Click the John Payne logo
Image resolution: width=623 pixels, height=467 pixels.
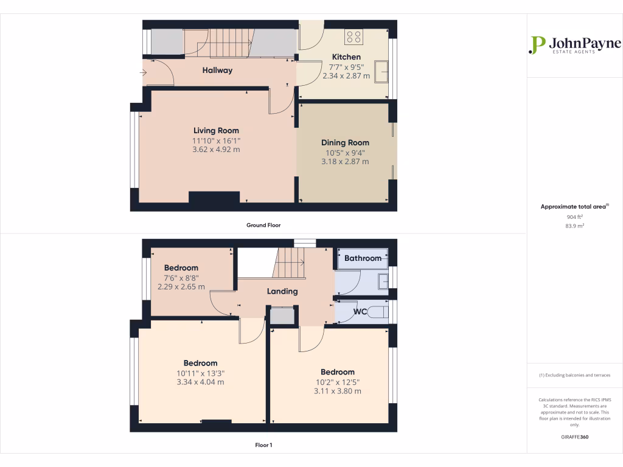[575, 46]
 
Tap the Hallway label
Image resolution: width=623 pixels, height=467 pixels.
[217, 71]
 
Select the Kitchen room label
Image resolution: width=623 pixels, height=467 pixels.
[346, 57]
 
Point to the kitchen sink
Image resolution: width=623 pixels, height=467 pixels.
[383, 71]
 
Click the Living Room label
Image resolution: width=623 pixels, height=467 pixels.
[216, 131]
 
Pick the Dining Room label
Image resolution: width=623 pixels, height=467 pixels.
[345, 143]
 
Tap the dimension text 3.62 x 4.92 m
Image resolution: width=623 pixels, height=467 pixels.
[216, 150]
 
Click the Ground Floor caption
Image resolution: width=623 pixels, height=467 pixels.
[263, 226]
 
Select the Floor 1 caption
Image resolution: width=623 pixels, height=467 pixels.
[263, 446]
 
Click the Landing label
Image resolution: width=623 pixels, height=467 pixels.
[282, 291]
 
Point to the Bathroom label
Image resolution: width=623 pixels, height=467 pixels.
[363, 258]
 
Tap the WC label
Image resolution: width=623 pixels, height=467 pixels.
[360, 313]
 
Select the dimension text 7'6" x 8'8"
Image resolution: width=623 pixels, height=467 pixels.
[181, 278]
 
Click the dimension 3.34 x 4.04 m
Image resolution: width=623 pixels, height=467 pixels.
[200, 382]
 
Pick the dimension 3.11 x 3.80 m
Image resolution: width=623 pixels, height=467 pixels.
[338, 392]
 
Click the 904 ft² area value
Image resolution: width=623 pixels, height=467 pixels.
[574, 216]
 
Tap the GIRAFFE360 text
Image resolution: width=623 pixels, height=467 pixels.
[574, 437]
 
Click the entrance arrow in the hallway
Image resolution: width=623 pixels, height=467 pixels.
[144, 73]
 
